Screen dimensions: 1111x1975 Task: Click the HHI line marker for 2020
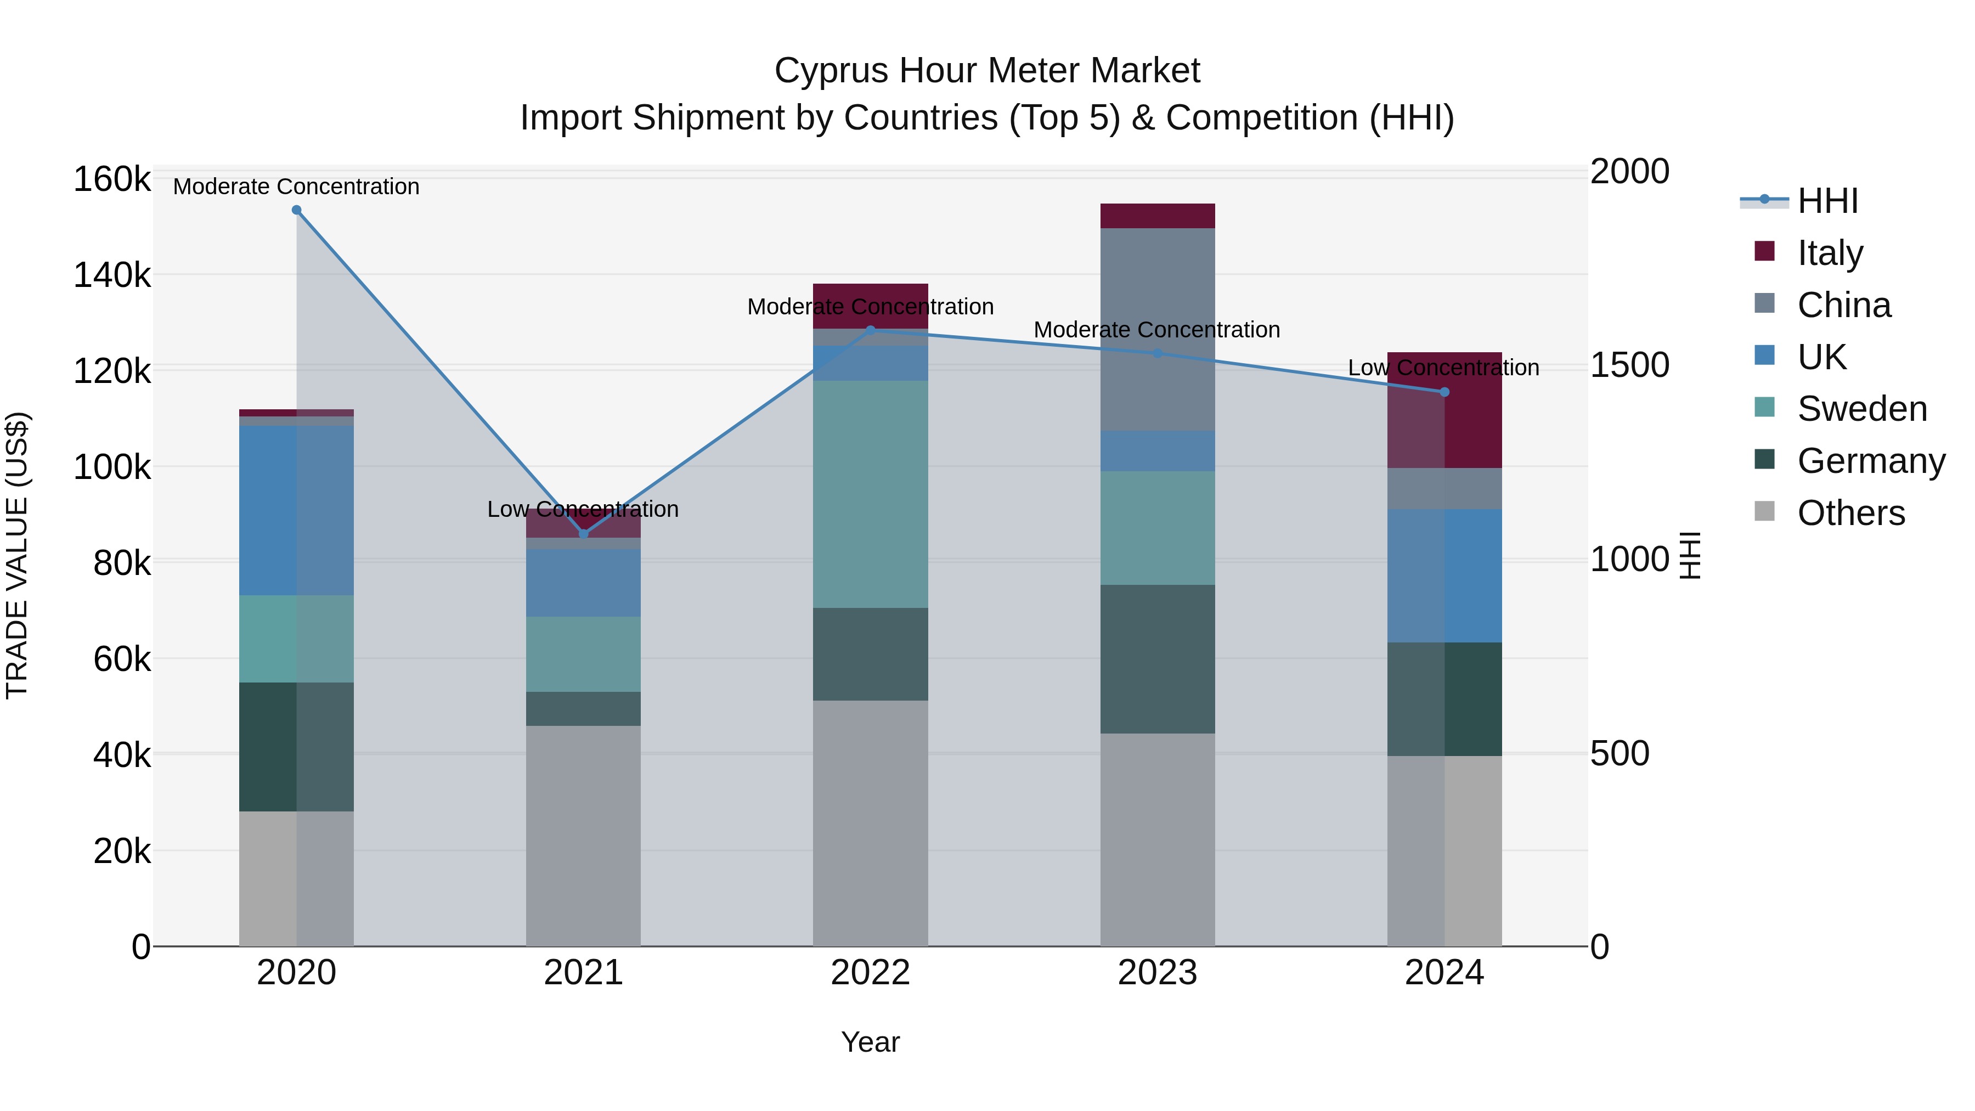pyautogui.click(x=297, y=210)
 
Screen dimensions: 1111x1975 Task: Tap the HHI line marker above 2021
pyautogui.click(x=584, y=534)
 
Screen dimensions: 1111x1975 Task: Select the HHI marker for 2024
pyautogui.click(x=1444, y=392)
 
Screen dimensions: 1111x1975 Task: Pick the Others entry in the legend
pyautogui.click(x=1851, y=513)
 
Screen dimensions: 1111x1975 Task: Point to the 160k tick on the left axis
pyautogui.click(x=112, y=179)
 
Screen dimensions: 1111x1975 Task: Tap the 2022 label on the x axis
pyautogui.click(x=870, y=973)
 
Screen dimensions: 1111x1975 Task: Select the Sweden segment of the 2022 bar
pyautogui.click(x=870, y=494)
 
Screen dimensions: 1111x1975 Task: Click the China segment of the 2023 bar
pyautogui.click(x=1158, y=330)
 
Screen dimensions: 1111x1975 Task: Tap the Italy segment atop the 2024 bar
pyautogui.click(x=1444, y=410)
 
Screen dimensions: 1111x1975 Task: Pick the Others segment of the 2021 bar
pyautogui.click(x=584, y=836)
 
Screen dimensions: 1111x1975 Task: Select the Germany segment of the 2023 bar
pyautogui.click(x=1158, y=659)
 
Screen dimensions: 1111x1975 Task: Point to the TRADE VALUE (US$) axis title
pyautogui.click(x=17, y=555)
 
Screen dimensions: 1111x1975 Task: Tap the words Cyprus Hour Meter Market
pyautogui.click(x=987, y=71)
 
